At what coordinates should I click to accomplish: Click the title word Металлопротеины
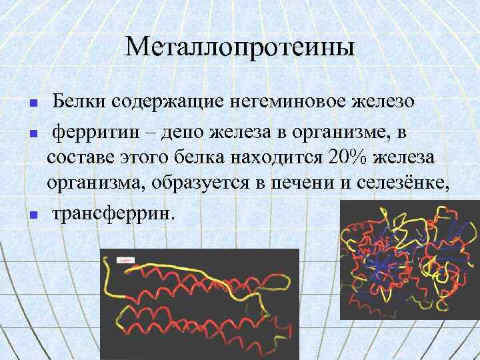pos(240,47)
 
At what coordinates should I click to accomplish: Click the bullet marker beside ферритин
pos(31,134)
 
